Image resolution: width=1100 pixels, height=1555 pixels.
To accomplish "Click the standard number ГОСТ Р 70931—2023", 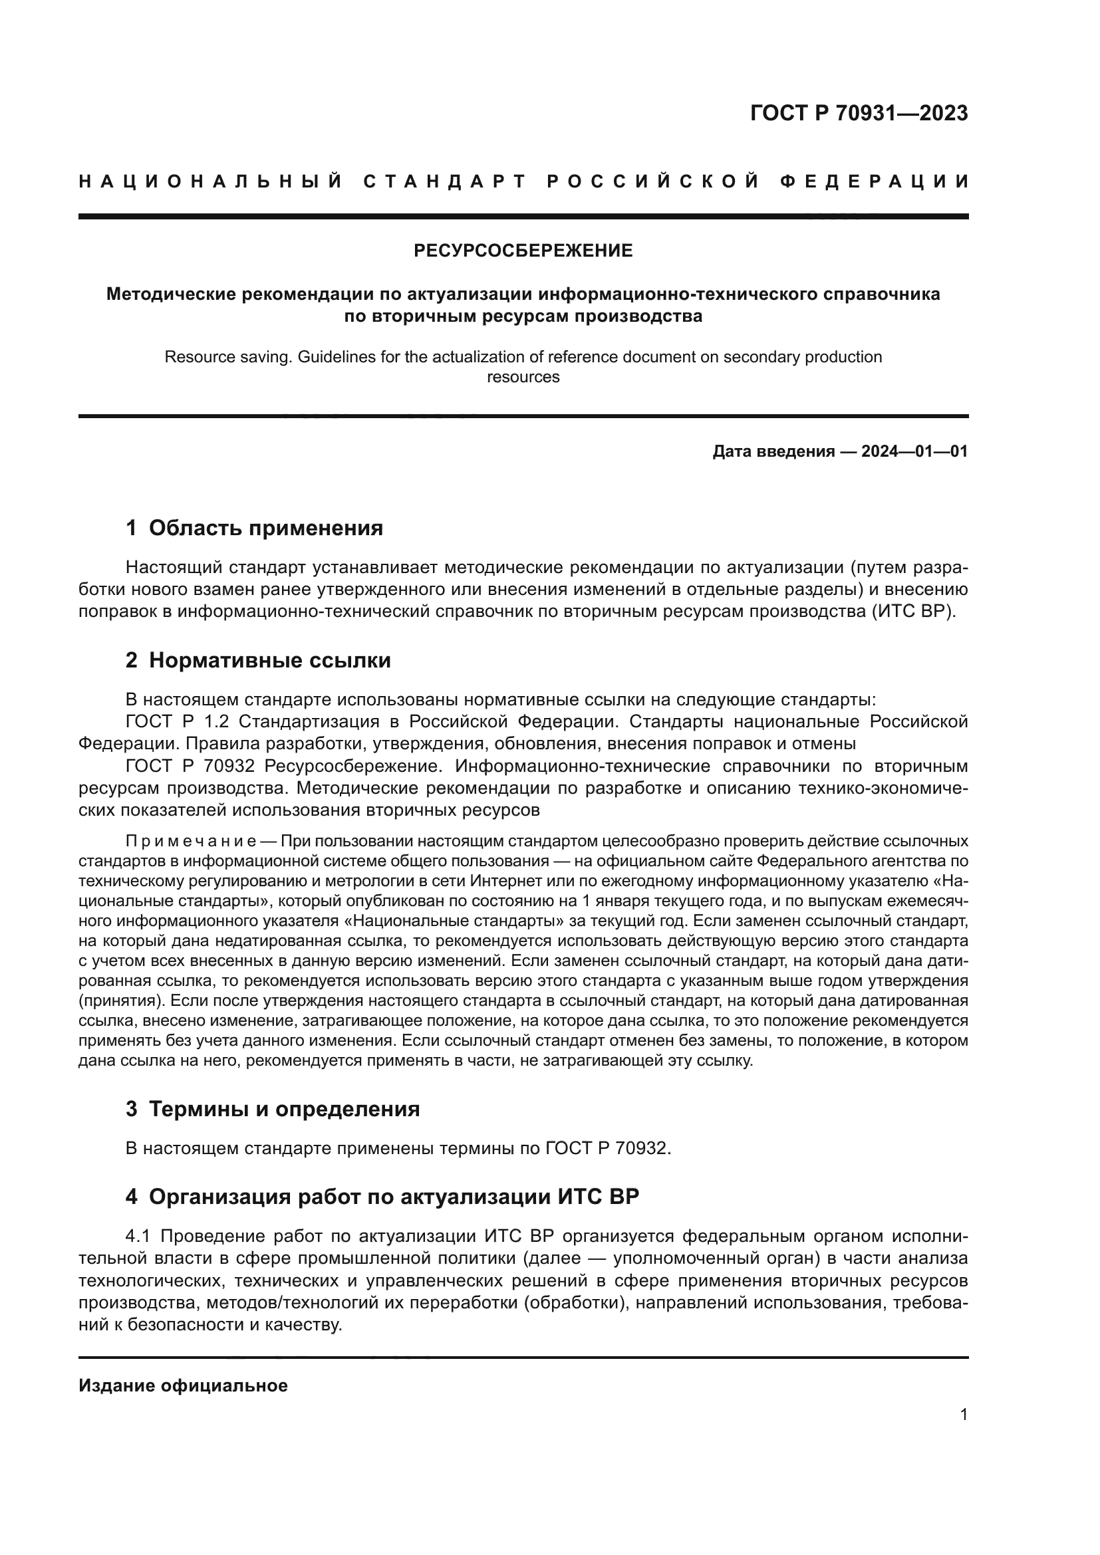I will [859, 113].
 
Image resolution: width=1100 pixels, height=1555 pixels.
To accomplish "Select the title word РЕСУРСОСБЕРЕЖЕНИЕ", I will [523, 251].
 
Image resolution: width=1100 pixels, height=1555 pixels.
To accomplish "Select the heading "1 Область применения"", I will [254, 528].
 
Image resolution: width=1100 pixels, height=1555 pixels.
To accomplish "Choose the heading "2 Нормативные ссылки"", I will [258, 659].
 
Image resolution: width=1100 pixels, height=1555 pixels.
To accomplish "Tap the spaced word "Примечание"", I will [190, 842].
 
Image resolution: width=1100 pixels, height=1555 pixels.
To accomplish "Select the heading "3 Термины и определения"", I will [272, 1109].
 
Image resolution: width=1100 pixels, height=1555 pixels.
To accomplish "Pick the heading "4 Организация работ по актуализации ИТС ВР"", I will [382, 1197].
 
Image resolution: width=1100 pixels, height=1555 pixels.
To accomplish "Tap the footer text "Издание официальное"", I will [183, 1385].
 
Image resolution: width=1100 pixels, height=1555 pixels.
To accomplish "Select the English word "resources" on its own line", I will [523, 377].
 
